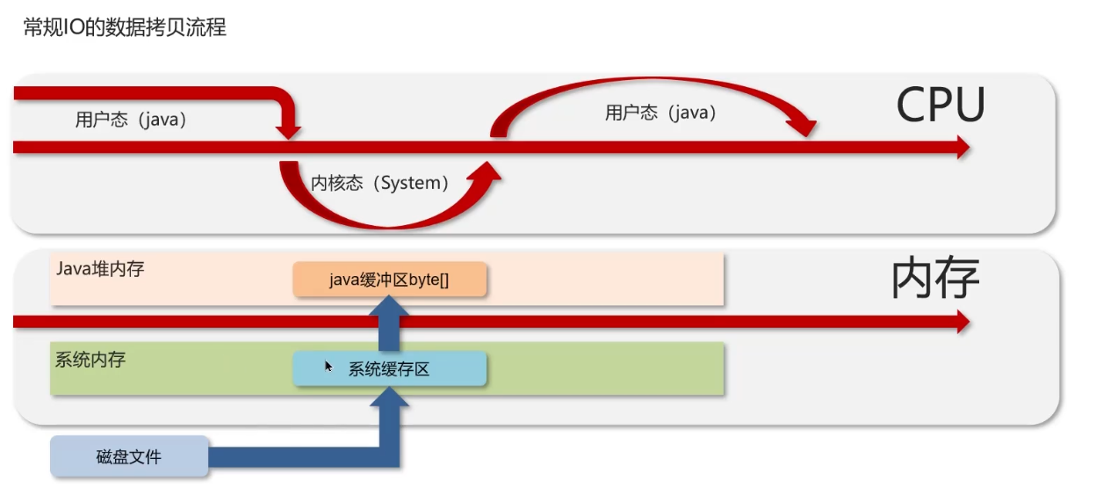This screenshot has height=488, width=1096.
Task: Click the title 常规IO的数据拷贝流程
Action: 125,27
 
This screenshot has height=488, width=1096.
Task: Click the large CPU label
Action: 941,105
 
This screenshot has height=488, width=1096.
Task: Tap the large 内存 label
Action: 935,277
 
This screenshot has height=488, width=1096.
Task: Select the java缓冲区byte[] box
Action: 389,280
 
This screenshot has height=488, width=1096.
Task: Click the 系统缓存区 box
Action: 389,368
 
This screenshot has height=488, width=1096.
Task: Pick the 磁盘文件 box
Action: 129,456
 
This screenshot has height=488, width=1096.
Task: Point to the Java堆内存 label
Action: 100,268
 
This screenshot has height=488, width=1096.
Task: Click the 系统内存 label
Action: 90,360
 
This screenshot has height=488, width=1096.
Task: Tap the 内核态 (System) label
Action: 380,183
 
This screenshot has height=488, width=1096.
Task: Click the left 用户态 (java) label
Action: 131,120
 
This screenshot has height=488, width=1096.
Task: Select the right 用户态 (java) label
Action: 661,113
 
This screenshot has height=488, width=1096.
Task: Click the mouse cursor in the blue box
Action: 328,367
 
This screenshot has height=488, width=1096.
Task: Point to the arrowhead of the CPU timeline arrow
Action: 963,148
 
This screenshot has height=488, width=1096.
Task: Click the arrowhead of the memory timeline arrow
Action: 963,322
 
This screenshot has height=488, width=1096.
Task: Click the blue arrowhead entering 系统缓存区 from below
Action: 389,397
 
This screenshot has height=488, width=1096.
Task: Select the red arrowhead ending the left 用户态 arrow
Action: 289,131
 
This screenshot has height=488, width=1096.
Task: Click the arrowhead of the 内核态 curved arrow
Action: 486,173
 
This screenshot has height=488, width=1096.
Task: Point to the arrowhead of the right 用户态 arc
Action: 802,127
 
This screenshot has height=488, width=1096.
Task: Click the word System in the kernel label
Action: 410,183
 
